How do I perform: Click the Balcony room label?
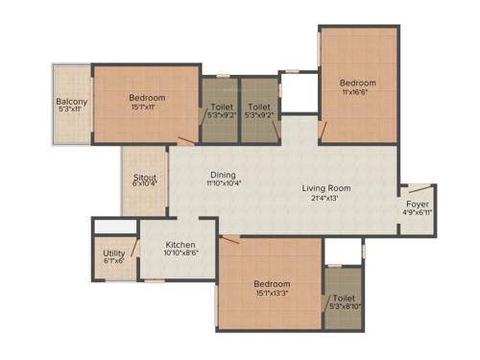tap(71, 102)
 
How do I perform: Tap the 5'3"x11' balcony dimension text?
tap(71, 111)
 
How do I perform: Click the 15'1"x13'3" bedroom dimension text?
tap(273, 294)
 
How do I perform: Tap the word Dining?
tap(223, 176)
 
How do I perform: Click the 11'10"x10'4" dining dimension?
tap(223, 184)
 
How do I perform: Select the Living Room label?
tap(326, 188)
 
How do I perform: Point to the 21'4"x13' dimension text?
tap(326, 198)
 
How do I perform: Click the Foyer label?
tap(418, 204)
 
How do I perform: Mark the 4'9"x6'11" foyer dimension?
tap(418, 212)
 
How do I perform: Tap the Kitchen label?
tap(181, 244)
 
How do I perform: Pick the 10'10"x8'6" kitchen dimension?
tap(181, 253)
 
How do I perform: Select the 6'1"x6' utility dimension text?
tap(113, 260)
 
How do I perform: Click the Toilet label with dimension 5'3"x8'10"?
tap(344, 299)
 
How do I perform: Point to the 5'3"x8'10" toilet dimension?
tap(344, 307)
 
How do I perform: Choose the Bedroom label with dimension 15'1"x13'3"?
tap(273, 284)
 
